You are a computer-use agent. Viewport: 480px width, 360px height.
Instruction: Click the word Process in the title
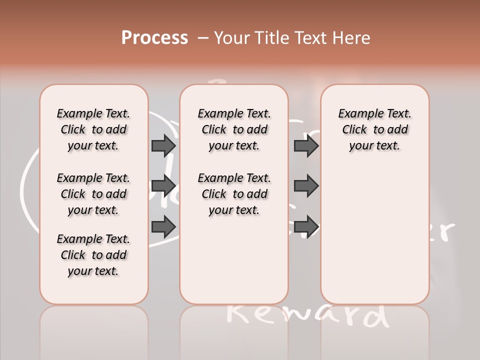pyautogui.click(x=154, y=38)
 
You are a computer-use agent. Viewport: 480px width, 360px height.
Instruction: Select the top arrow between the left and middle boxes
pyautogui.click(x=163, y=145)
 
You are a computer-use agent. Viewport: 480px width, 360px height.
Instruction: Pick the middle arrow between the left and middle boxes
pyautogui.click(x=163, y=186)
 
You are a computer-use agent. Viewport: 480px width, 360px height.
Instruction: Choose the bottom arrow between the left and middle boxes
pyautogui.click(x=163, y=226)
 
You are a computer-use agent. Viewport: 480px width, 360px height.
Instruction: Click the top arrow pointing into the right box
pyautogui.click(x=306, y=145)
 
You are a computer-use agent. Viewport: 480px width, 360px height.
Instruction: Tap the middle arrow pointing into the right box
pyautogui.click(x=306, y=186)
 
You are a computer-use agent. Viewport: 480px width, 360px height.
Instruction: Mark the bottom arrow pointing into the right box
pyautogui.click(x=306, y=226)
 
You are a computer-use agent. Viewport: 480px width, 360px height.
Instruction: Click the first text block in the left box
pyautogui.click(x=93, y=129)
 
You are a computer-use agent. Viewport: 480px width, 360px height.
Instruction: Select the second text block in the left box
pyautogui.click(x=93, y=194)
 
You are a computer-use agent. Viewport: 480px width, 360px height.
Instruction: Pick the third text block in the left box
pyautogui.click(x=93, y=255)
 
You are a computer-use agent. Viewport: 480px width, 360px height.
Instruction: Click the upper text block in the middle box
pyautogui.click(x=234, y=129)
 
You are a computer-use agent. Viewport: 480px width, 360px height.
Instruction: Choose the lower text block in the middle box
pyautogui.click(x=234, y=194)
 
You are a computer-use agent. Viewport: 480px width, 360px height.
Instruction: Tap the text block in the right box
pyautogui.click(x=374, y=129)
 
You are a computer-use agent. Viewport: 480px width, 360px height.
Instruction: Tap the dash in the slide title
pyautogui.click(x=203, y=38)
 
